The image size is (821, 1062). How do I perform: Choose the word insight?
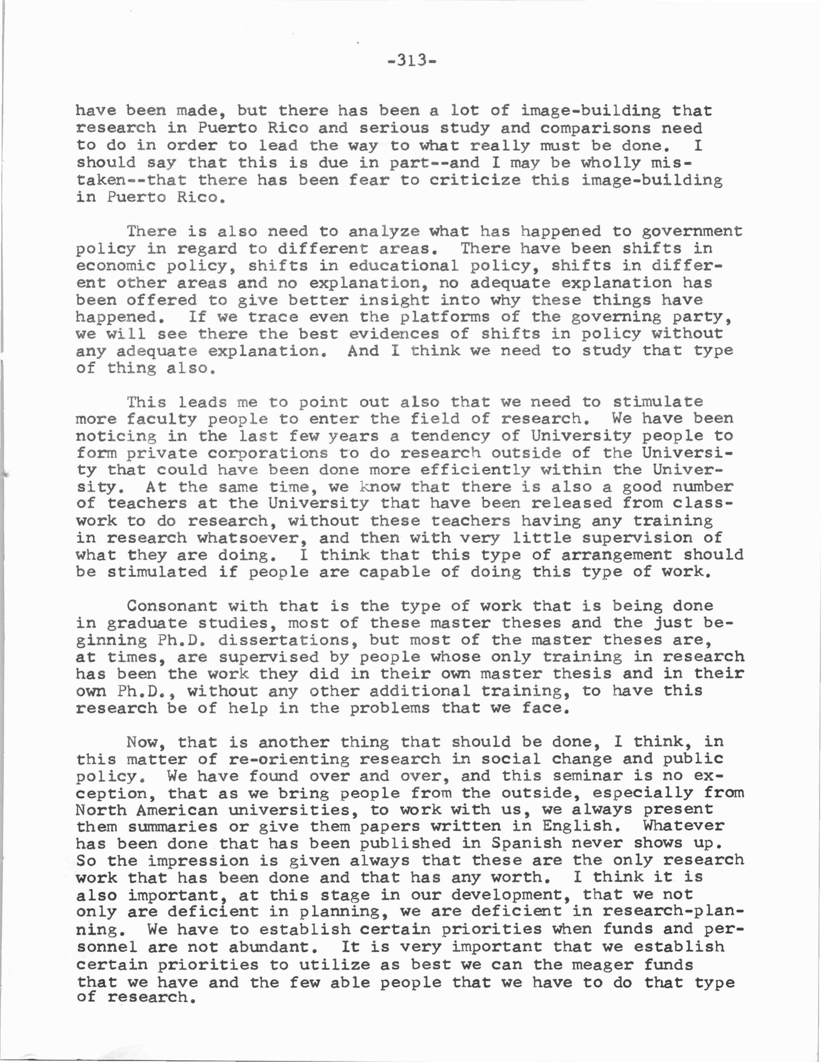394,300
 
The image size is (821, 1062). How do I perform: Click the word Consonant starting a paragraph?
172,606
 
